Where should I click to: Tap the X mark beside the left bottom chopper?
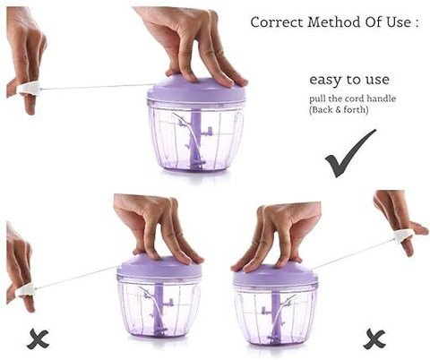coord(38,339)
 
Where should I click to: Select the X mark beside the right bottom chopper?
coord(374,339)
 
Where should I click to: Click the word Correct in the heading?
coord(277,22)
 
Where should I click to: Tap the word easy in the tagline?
coord(326,80)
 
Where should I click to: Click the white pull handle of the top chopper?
coord(29,89)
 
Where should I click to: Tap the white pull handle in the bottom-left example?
coord(26,291)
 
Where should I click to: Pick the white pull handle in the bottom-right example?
coord(404,236)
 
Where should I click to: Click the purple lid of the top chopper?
coord(196,89)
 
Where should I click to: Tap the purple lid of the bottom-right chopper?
coord(274,276)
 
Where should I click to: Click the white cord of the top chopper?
coord(97,87)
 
